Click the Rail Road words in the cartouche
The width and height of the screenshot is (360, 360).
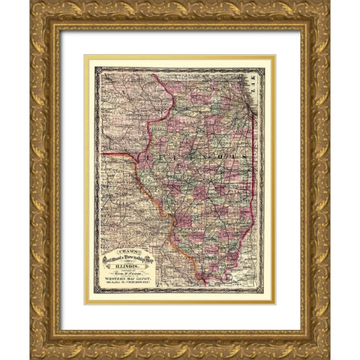pyautogui.click(x=112, y=260)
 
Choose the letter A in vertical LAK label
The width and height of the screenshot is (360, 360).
pyautogui.click(x=260, y=88)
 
